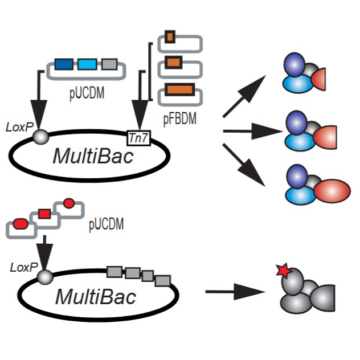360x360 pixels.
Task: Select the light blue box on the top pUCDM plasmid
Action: click(x=87, y=66)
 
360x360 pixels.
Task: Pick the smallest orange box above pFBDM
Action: click(x=170, y=38)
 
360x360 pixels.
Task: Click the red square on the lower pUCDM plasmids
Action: click(x=44, y=214)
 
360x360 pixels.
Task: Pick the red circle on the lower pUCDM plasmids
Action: click(x=69, y=203)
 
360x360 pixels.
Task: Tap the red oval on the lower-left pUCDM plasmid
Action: click(x=20, y=224)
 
